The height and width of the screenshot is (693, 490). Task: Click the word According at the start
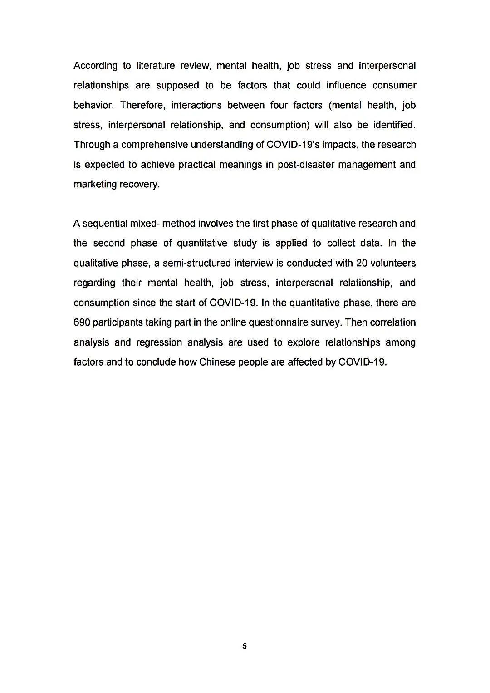[95, 66]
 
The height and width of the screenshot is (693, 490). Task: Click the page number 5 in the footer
[245, 646]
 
